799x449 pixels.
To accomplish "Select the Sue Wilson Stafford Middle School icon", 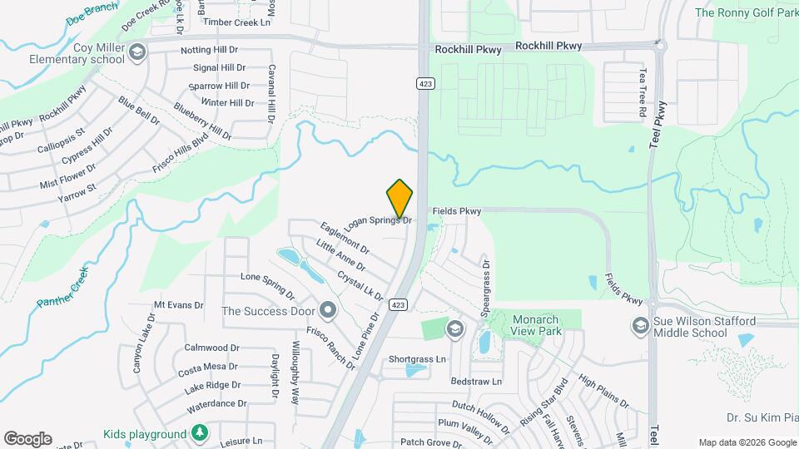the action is (x=640, y=324).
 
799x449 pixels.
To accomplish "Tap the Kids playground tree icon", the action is (x=199, y=433).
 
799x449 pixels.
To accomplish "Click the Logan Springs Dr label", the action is (x=378, y=221).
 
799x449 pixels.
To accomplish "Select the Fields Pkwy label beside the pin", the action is (x=456, y=212).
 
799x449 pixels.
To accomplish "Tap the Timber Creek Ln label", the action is (x=237, y=22).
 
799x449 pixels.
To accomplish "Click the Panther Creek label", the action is (x=62, y=288).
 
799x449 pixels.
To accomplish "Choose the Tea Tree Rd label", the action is (x=642, y=92).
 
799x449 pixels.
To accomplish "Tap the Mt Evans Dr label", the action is (x=179, y=305).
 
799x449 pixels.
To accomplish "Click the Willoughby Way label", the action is (x=295, y=373).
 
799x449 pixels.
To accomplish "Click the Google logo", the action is (x=27, y=438).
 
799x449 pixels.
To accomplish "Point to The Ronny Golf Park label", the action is (x=746, y=12).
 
